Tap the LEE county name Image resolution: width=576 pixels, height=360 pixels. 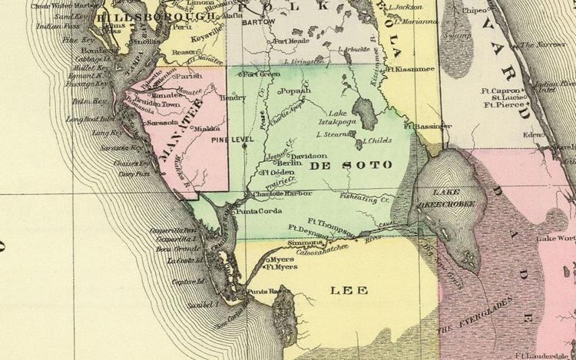pos(349,290)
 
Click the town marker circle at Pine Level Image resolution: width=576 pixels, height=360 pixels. pos(244,146)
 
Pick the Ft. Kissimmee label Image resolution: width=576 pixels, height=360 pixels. pos(410,69)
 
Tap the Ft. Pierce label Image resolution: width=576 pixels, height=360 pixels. pos(502,105)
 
